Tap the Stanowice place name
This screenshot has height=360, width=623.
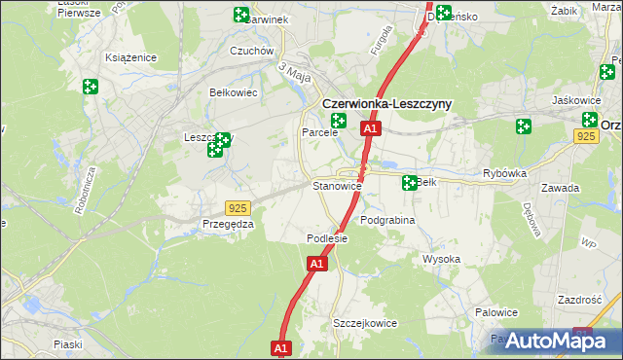(337, 185)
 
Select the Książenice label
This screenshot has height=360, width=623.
(131, 57)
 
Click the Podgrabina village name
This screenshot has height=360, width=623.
(387, 220)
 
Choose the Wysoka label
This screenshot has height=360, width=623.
(441, 259)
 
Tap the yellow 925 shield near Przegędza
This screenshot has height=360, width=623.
(237, 208)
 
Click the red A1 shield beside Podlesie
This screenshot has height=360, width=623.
(316, 263)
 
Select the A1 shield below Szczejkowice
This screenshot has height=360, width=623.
(281, 347)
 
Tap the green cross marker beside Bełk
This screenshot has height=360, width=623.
(410, 182)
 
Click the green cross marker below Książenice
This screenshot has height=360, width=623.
(91, 87)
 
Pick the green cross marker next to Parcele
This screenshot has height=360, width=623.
(339, 121)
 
